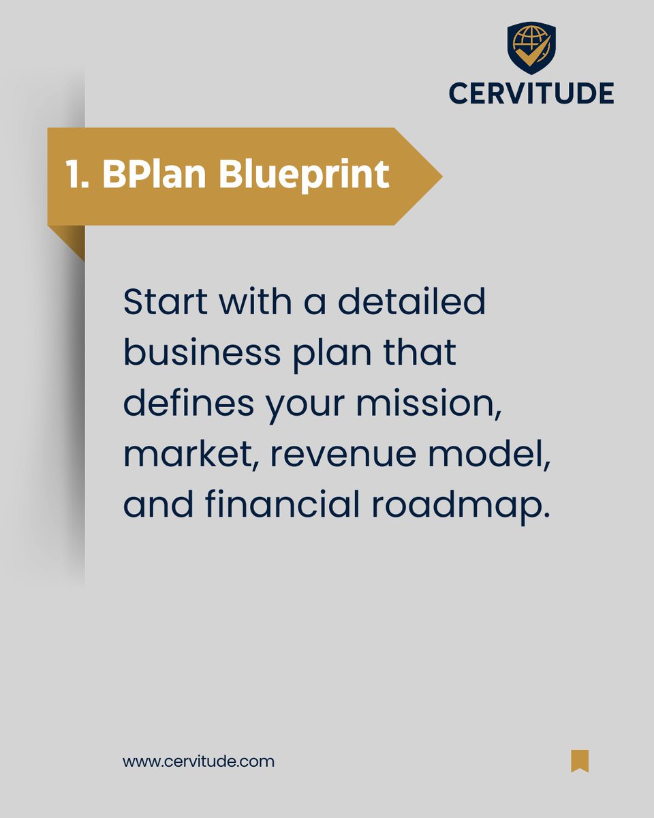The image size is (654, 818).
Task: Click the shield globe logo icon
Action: pyautogui.click(x=531, y=48)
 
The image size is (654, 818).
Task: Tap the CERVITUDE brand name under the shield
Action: pyautogui.click(x=531, y=93)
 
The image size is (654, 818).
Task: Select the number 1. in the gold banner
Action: pyautogui.click(x=78, y=176)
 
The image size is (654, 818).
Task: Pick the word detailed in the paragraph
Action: pyautogui.click(x=412, y=302)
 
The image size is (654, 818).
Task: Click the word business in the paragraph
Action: pyautogui.click(x=202, y=353)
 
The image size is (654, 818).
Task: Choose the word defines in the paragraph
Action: pyautogui.click(x=188, y=404)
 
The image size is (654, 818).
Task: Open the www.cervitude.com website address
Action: pyautogui.click(x=198, y=761)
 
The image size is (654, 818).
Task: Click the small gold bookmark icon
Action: pyautogui.click(x=580, y=761)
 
